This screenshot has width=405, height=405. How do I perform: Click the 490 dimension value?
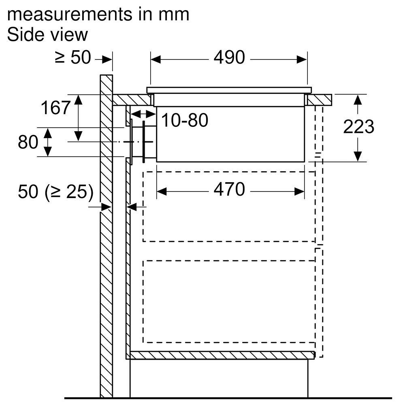tap(229, 58)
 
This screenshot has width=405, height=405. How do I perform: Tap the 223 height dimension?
tap(358, 126)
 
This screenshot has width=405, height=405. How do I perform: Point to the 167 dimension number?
tap(55, 108)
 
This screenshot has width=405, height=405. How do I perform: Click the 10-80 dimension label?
tap(185, 120)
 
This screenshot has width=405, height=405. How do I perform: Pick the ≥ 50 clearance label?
tap(73, 58)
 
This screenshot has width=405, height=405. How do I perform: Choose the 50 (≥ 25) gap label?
tap(55, 192)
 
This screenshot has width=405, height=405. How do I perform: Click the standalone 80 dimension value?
tap(28, 142)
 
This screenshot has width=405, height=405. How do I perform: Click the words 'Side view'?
tap(47, 34)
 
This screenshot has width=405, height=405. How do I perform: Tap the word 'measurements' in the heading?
tap(69, 15)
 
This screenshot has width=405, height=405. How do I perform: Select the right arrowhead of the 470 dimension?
tap(299, 192)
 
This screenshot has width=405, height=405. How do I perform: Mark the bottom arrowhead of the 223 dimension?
tap(358, 156)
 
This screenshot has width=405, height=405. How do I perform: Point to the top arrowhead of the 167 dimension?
tap(78, 100)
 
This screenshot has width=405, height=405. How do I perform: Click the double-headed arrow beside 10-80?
tap(143, 114)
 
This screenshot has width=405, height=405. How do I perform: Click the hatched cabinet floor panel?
tap(222, 356)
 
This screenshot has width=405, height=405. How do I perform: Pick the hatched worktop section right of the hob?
tap(319, 100)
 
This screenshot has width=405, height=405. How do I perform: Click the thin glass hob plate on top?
tap(229, 90)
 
